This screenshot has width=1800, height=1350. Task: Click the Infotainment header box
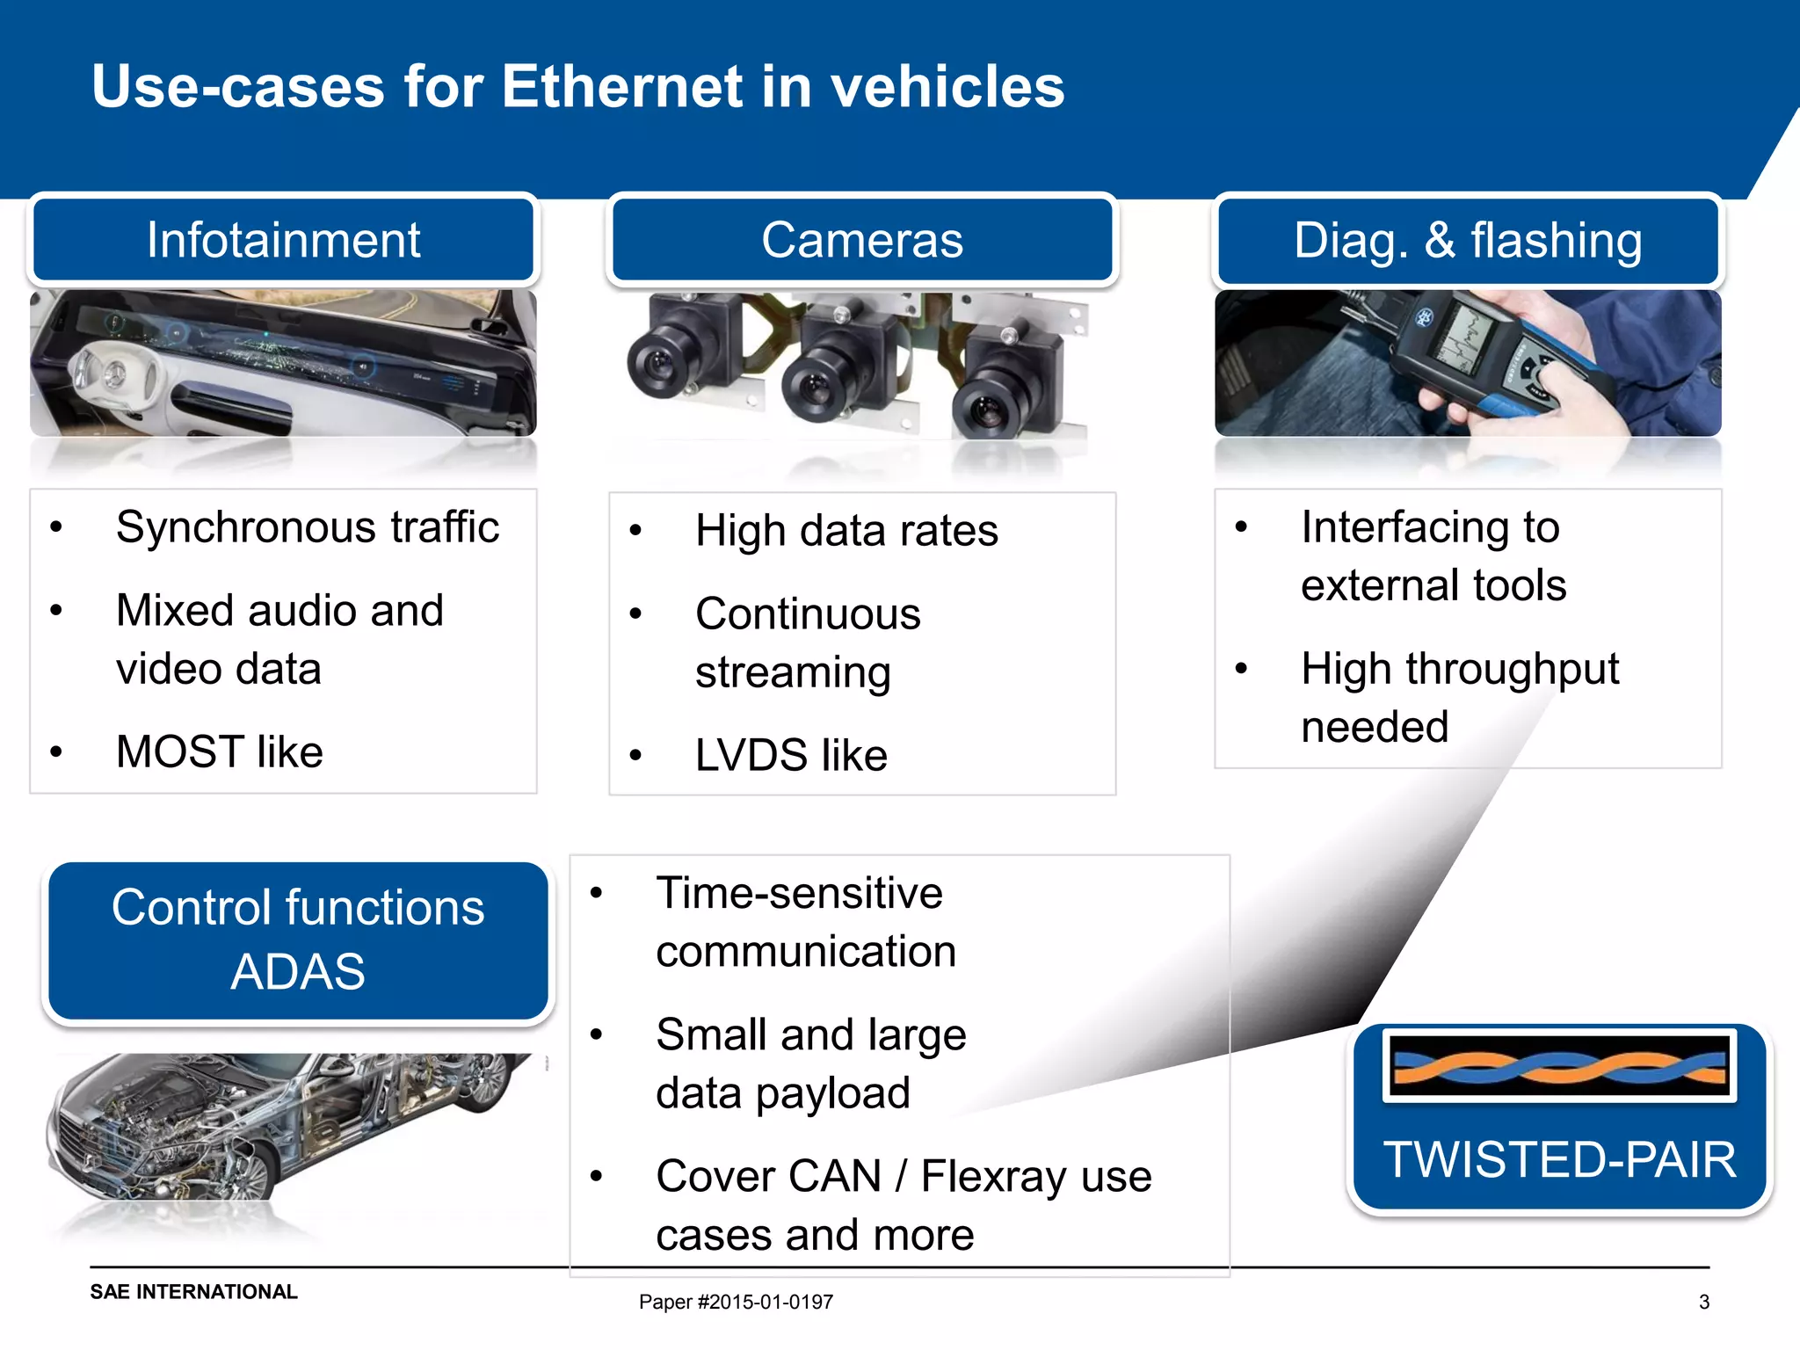pos(283,240)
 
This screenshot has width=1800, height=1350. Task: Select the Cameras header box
pos(861,240)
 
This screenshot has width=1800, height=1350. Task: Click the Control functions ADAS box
pos(298,940)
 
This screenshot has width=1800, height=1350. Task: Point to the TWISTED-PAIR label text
pos(1559,1159)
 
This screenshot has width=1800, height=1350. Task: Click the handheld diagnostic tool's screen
pos(1462,338)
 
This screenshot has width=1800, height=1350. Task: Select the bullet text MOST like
pos(220,752)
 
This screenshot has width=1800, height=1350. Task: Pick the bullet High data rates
pos(846,531)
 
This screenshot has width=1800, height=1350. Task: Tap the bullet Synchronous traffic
pos(308,527)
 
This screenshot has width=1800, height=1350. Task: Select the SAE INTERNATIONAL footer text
pos(193,1292)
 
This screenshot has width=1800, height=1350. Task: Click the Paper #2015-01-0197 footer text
pos(736,1302)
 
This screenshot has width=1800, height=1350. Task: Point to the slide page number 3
pos(1703,1302)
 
